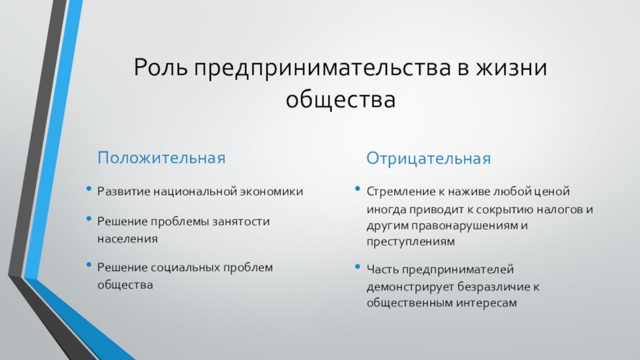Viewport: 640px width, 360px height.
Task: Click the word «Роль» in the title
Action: tap(161, 67)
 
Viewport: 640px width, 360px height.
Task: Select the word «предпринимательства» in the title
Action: tap(322, 68)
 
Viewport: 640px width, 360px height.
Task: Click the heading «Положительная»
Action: tap(162, 158)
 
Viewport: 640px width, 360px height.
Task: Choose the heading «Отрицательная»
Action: tap(428, 158)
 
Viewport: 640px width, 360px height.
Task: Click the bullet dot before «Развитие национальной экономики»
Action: tap(89, 189)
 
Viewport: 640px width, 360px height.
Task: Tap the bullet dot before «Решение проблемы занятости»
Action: tap(89, 218)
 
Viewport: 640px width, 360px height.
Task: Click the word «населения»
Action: tap(127, 238)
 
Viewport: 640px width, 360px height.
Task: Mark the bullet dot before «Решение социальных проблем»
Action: tap(89, 265)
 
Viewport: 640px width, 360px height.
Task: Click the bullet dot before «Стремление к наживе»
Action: tap(358, 189)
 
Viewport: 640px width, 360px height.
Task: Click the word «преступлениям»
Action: tap(410, 242)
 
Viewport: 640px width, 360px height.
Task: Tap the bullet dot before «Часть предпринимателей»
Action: tap(358, 266)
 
